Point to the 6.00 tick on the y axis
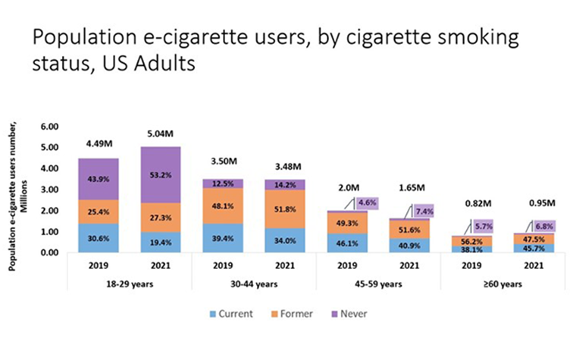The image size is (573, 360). pyautogui.click(x=49, y=126)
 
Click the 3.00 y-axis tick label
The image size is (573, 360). pyautogui.click(x=49, y=189)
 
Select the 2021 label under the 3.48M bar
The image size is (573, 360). pyautogui.click(x=286, y=265)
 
